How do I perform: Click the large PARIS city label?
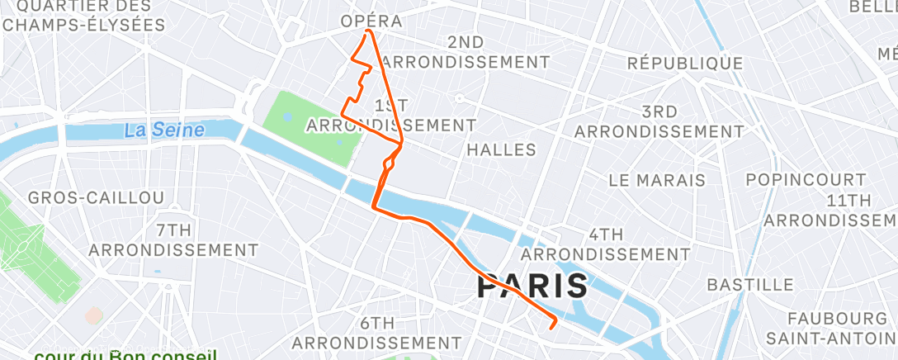pos(533,287)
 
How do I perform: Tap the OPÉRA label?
pos(373,21)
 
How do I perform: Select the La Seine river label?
pos(165,130)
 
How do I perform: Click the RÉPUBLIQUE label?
pos(685,64)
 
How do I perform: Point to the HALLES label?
pos(501,149)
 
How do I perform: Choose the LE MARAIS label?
pos(656,179)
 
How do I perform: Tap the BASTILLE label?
pos(750,285)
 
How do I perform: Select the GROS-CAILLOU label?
pos(96,197)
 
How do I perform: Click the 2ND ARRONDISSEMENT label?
pos(466,52)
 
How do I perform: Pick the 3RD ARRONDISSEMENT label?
pos(659,121)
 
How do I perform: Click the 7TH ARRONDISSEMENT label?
pos(173,239)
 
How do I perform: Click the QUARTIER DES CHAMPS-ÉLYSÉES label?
pos(84,15)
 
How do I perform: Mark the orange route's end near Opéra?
pos(366,32)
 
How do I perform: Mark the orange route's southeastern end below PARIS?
pos(551,328)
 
